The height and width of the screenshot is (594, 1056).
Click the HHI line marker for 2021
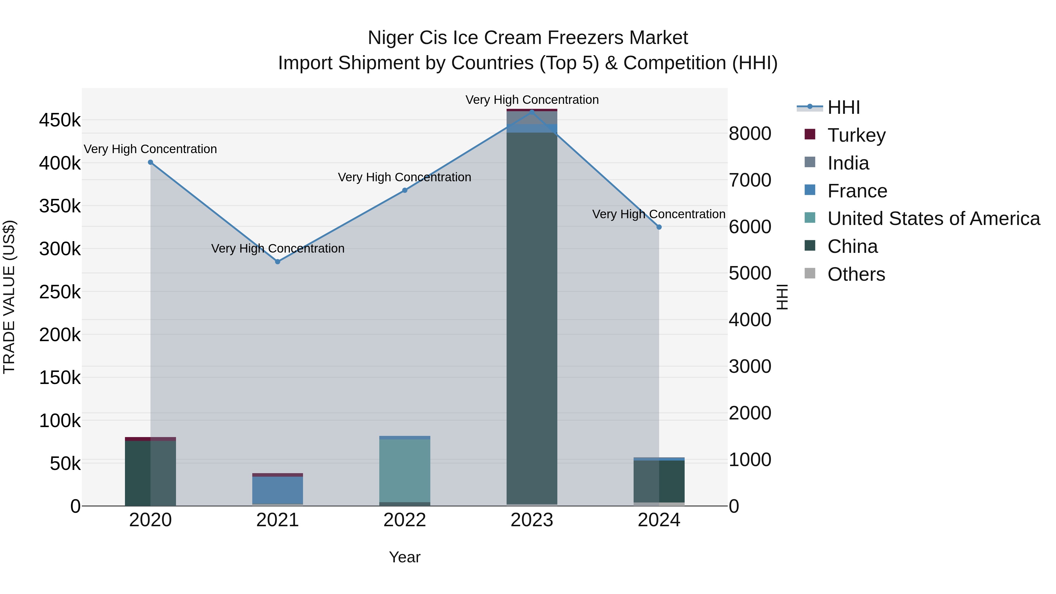point(277,262)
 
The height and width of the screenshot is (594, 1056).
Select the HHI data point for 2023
point(532,112)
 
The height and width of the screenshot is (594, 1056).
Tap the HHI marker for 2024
point(659,227)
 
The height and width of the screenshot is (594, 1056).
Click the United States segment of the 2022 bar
point(405,471)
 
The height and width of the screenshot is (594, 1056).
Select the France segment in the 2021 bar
point(277,490)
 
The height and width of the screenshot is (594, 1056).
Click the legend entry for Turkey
point(856,135)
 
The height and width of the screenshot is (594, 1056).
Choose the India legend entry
point(848,163)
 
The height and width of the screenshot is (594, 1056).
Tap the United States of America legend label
point(933,219)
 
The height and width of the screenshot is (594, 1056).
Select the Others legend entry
point(856,274)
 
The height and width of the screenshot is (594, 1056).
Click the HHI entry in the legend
point(843,107)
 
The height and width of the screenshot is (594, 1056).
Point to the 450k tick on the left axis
point(60,121)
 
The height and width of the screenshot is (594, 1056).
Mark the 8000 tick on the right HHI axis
point(749,134)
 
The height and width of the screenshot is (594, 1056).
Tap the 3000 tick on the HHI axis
point(749,366)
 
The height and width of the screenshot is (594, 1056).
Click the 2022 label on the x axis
point(405,520)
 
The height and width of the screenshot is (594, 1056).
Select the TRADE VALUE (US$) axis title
point(9,297)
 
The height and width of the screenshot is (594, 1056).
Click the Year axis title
point(405,557)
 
